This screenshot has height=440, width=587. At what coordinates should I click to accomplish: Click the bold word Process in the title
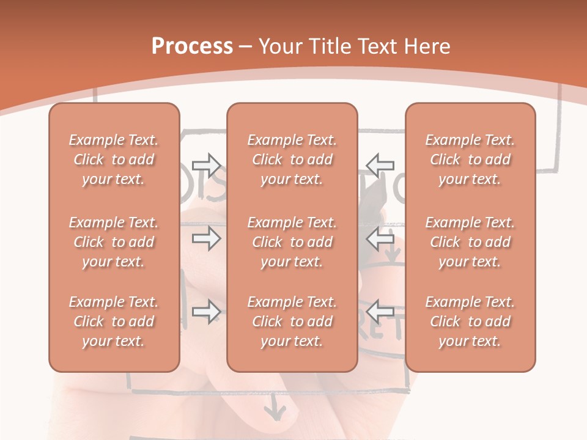[192, 46]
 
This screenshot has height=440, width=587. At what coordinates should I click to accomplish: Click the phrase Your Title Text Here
[355, 46]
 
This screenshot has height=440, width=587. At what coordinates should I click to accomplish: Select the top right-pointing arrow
[206, 164]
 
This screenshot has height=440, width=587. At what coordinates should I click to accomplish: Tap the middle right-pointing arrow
[206, 238]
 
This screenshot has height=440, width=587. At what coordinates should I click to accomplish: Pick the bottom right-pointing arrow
[206, 312]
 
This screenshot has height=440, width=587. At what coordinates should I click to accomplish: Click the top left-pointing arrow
[380, 164]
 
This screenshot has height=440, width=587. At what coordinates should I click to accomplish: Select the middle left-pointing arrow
[380, 238]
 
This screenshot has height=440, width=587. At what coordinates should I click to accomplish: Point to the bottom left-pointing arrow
[380, 312]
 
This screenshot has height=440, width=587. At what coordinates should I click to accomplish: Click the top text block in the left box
[114, 159]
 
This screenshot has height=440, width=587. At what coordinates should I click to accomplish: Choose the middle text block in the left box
[114, 242]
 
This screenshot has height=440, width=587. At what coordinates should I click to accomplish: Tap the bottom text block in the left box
[114, 321]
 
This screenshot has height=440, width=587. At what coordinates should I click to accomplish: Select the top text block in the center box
[292, 159]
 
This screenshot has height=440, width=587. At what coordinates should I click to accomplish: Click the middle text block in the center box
[292, 242]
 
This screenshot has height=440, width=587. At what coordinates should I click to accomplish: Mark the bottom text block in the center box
[292, 321]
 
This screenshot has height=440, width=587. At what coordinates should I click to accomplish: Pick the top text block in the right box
[470, 159]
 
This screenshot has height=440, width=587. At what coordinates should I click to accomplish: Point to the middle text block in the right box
[470, 242]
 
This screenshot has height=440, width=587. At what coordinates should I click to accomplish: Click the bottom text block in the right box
[470, 321]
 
